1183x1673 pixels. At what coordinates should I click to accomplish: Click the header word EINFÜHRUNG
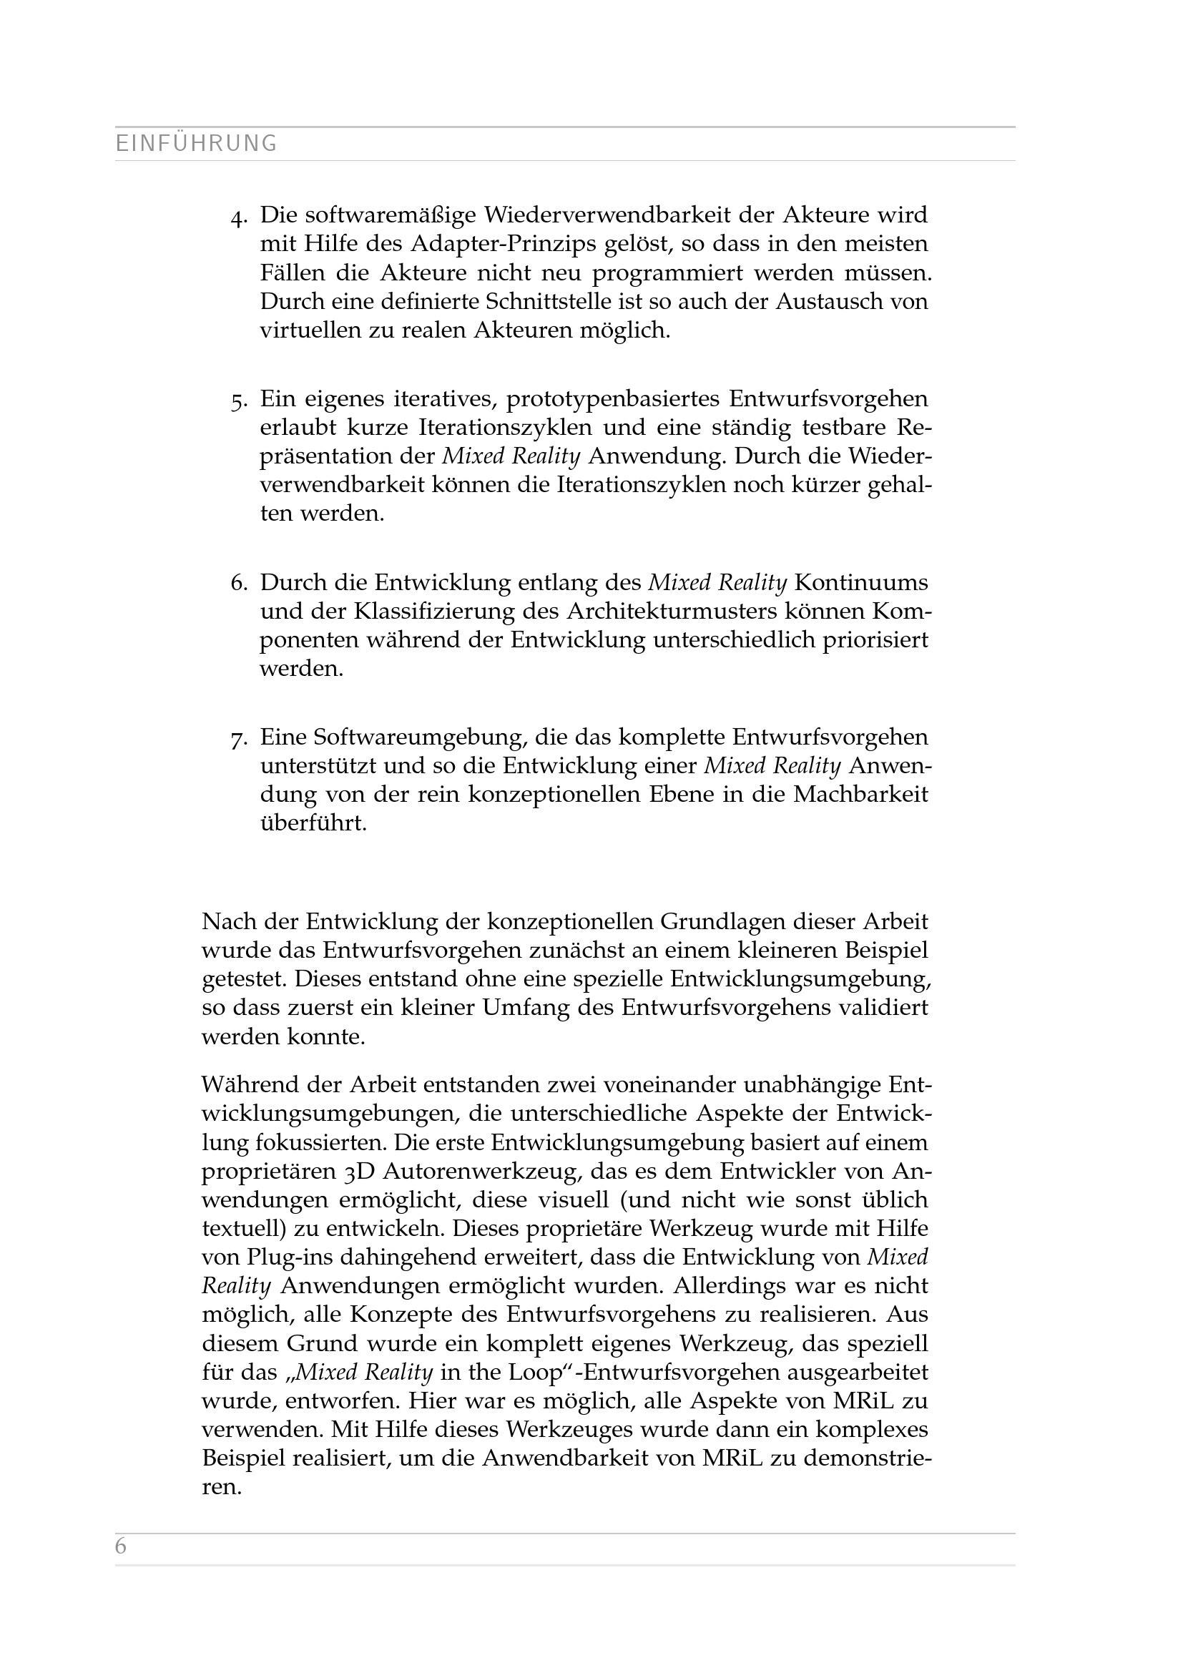point(197,144)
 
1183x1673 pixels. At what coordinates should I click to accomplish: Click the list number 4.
point(238,217)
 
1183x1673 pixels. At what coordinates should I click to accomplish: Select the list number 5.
point(238,401)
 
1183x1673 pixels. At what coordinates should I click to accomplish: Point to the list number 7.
point(238,740)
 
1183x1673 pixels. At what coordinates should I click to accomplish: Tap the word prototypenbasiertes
point(614,399)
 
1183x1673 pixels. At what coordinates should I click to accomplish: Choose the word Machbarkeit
point(860,794)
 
